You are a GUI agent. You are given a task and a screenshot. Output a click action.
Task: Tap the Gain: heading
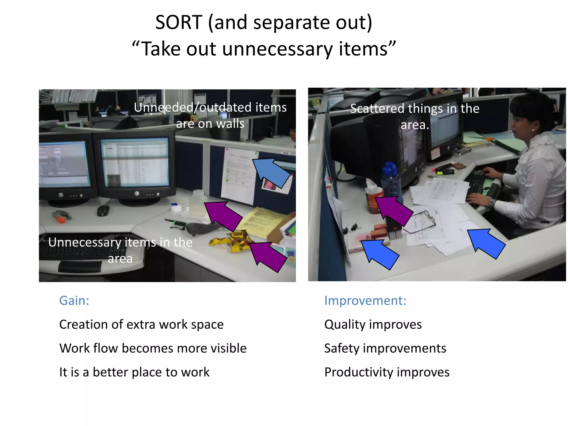coord(74,301)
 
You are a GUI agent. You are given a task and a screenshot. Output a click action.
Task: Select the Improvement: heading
coord(365,301)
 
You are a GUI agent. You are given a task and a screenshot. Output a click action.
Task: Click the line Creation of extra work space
coord(141,324)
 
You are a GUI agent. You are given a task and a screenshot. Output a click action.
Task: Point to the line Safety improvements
coord(385,348)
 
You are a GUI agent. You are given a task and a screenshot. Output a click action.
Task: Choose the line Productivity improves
coord(387,372)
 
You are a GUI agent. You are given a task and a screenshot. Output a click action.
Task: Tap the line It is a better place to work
coord(134,372)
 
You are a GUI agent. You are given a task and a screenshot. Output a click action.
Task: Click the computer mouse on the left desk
coord(103,211)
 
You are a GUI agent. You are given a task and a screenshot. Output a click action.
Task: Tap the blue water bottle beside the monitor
coord(391,180)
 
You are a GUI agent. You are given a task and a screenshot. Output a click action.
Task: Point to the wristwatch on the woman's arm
coord(491,204)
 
